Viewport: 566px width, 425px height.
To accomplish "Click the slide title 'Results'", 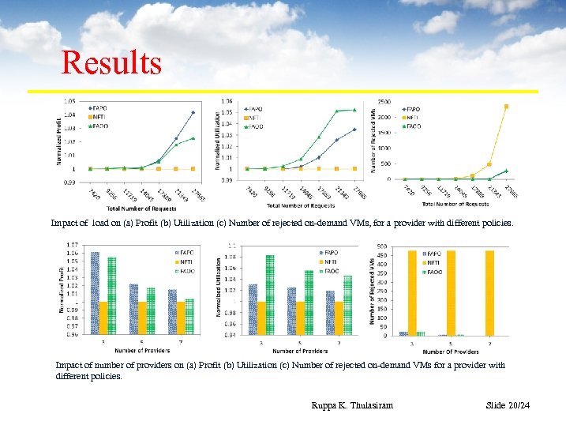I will tap(111, 62).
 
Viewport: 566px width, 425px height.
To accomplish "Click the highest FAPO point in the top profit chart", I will tap(193, 112).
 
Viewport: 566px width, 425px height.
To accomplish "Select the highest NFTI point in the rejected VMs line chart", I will tap(506, 107).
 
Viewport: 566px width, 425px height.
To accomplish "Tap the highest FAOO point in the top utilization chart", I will tap(354, 110).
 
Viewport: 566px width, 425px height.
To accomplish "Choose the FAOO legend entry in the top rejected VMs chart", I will tap(412, 126).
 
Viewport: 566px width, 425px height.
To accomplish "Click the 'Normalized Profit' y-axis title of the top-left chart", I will tap(58, 141).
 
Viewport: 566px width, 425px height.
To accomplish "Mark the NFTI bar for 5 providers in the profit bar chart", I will tap(143, 318).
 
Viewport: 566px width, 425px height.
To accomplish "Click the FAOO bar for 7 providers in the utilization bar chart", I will tap(348, 304).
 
